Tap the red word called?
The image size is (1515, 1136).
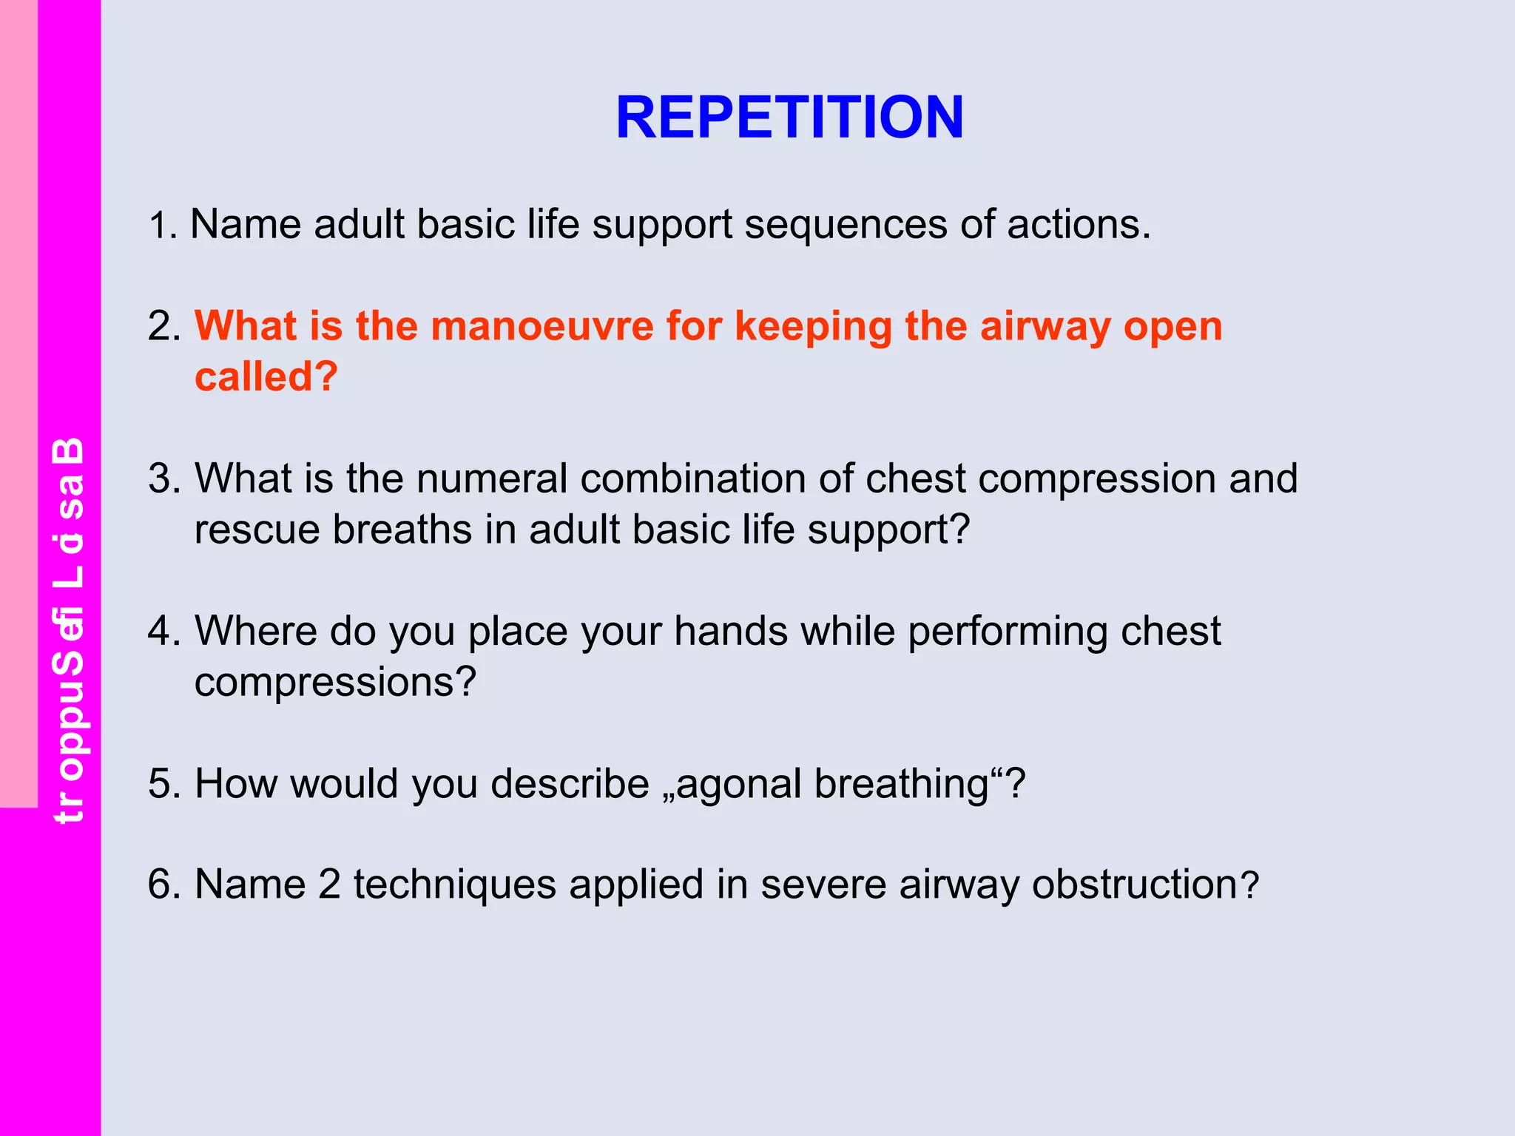click(266, 376)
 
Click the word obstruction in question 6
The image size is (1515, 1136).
click(1135, 885)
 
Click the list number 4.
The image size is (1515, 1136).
click(163, 632)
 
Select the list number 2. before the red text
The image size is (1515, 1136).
click(163, 326)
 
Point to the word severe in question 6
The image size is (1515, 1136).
click(823, 885)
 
